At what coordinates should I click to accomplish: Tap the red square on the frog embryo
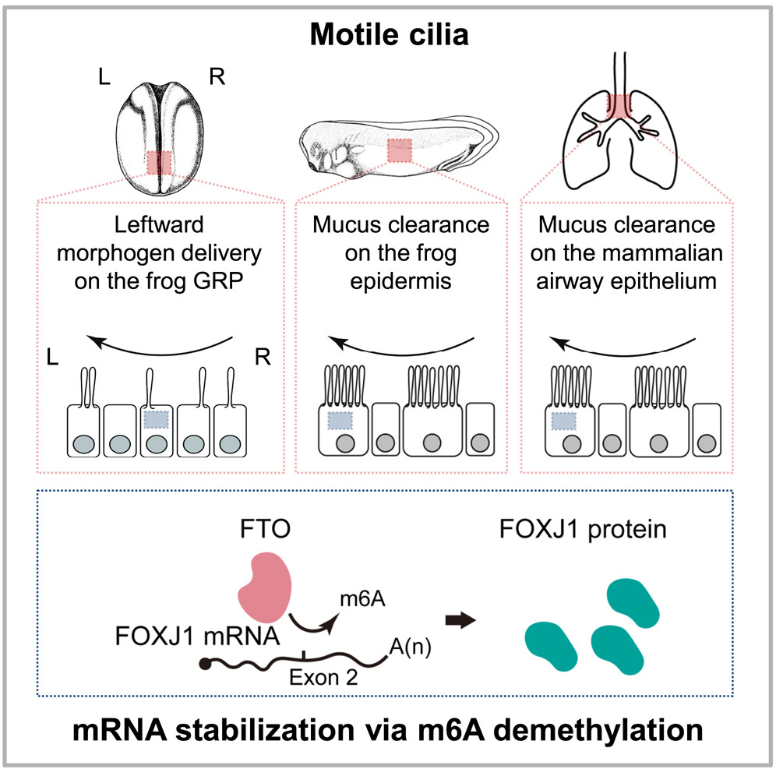point(159,164)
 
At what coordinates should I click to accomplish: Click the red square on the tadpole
point(399,150)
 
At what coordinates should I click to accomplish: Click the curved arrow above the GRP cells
point(160,343)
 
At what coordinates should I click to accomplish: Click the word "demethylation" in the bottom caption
point(596,732)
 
